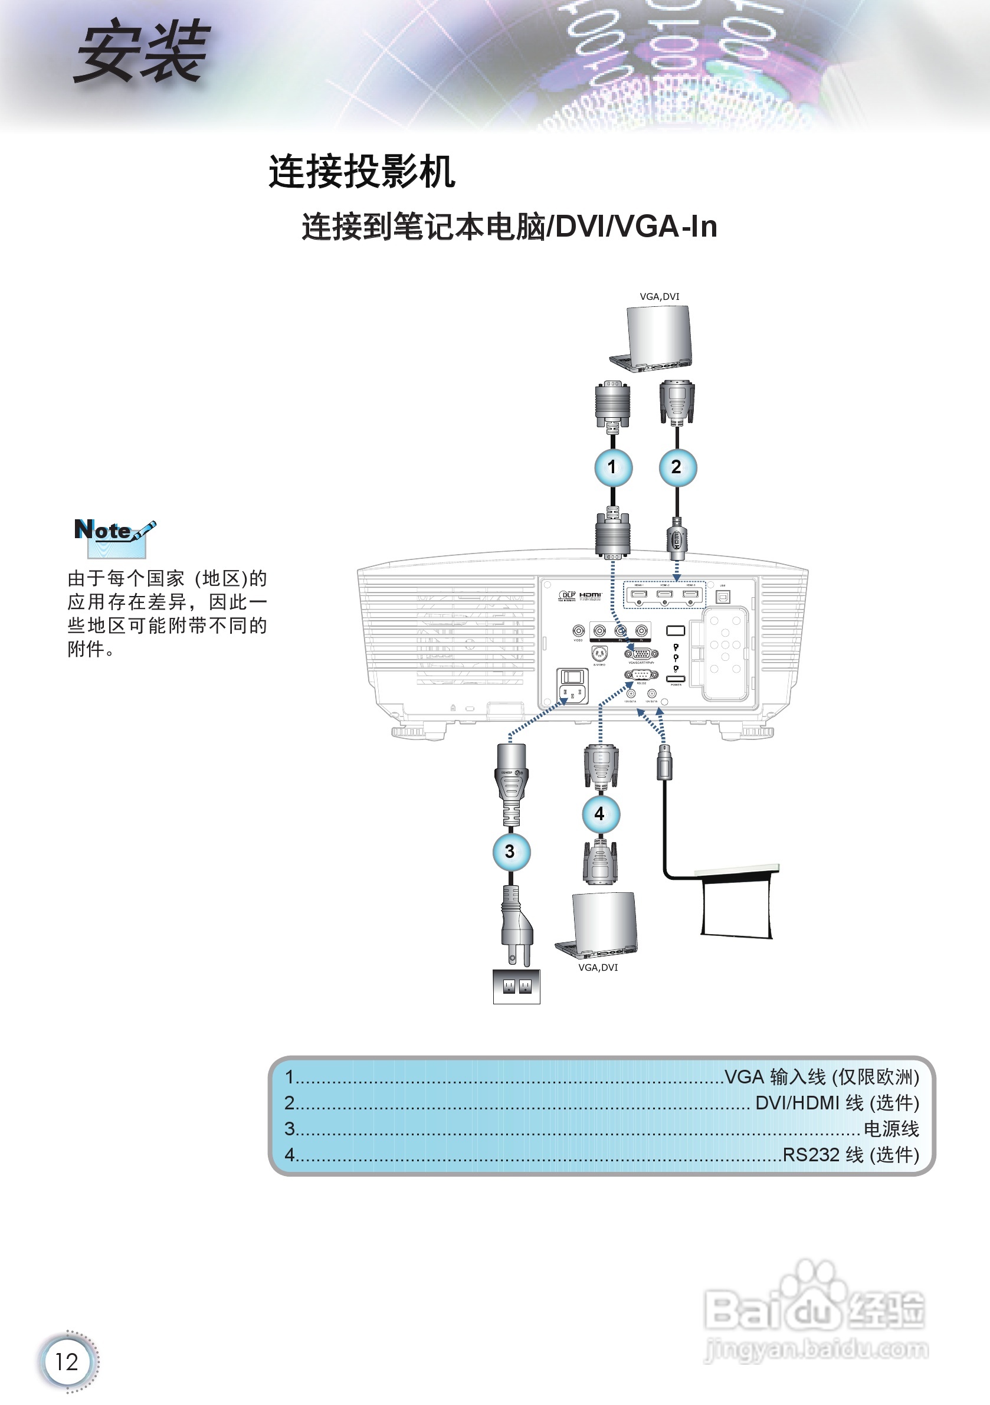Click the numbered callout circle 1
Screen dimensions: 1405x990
pos(613,467)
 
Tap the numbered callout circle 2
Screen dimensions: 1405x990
pos(677,467)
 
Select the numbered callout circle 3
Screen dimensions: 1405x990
pos(511,851)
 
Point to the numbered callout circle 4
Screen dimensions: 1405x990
pos(600,814)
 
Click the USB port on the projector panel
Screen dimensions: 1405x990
pos(723,597)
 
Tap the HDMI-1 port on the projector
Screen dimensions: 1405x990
pos(639,594)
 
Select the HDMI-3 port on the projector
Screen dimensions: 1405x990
pos(690,594)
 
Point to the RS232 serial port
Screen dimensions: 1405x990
pos(641,675)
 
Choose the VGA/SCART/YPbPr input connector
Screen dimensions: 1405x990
pos(641,654)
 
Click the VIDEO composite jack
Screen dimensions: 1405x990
pos(578,630)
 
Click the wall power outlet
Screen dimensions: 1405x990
pos(516,986)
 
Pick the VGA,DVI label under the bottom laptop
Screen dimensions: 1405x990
pos(598,968)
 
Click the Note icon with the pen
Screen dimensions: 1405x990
pos(114,536)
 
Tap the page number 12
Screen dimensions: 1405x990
pos(67,1362)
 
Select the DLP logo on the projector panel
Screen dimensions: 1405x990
pos(566,595)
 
